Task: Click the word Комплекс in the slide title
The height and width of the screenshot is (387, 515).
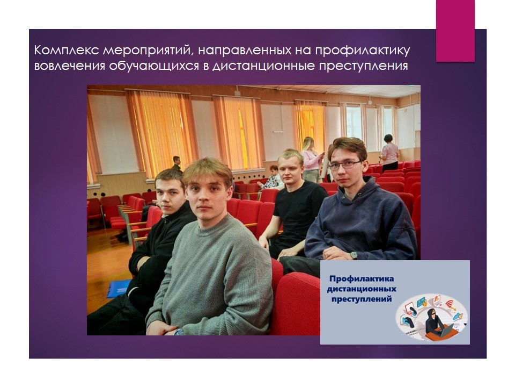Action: pos(66,51)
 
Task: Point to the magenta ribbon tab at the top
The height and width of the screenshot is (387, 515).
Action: pos(455,31)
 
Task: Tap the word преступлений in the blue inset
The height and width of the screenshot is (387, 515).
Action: pos(361,299)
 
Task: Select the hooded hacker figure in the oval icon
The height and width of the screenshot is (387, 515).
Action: pos(434,320)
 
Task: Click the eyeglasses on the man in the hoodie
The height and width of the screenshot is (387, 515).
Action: pos(344,165)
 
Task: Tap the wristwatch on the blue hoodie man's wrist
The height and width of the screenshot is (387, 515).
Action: pos(354,255)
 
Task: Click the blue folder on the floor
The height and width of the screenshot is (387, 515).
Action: pos(118,289)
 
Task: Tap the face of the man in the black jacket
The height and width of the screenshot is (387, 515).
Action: pos(170,195)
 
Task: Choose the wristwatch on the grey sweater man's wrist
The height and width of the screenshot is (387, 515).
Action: pos(179,332)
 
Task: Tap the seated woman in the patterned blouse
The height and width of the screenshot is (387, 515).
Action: pos(272,178)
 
